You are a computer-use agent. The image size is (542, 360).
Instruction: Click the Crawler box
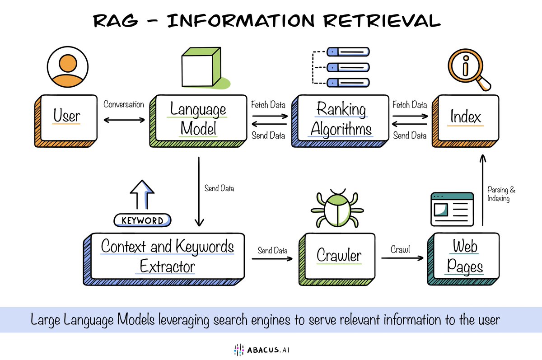pos(339,256)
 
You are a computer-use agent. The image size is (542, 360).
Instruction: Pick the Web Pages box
pos(465,257)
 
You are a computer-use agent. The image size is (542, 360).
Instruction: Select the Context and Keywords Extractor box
pos(167,256)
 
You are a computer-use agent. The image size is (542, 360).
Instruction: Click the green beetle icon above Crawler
pos(335,208)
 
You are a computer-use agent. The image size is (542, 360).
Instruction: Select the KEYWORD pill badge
pos(142,220)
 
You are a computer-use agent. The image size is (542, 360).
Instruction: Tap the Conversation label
pos(124,104)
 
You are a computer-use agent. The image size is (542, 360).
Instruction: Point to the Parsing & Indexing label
pos(499,195)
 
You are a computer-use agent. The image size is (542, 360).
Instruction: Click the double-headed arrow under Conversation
pos(124,120)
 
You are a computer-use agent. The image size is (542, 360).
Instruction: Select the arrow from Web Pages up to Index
pos(482,190)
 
